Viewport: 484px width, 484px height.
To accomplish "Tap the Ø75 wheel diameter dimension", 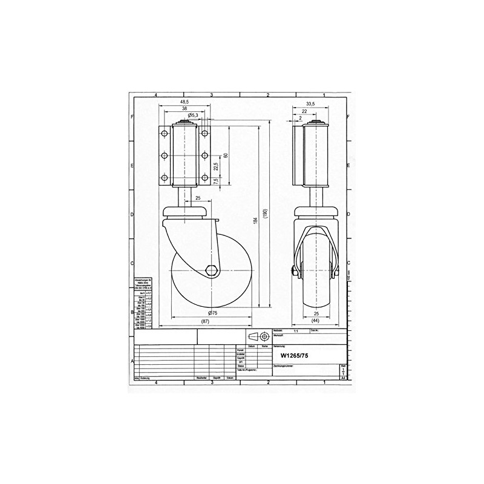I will (x=212, y=312).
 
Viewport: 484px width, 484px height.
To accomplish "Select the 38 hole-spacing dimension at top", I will (x=184, y=108).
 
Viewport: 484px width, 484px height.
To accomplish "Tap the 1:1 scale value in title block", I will (x=296, y=332).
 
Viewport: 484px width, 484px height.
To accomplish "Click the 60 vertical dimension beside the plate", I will (x=225, y=155).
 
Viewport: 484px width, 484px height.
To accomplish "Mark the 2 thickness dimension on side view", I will (x=301, y=118).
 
